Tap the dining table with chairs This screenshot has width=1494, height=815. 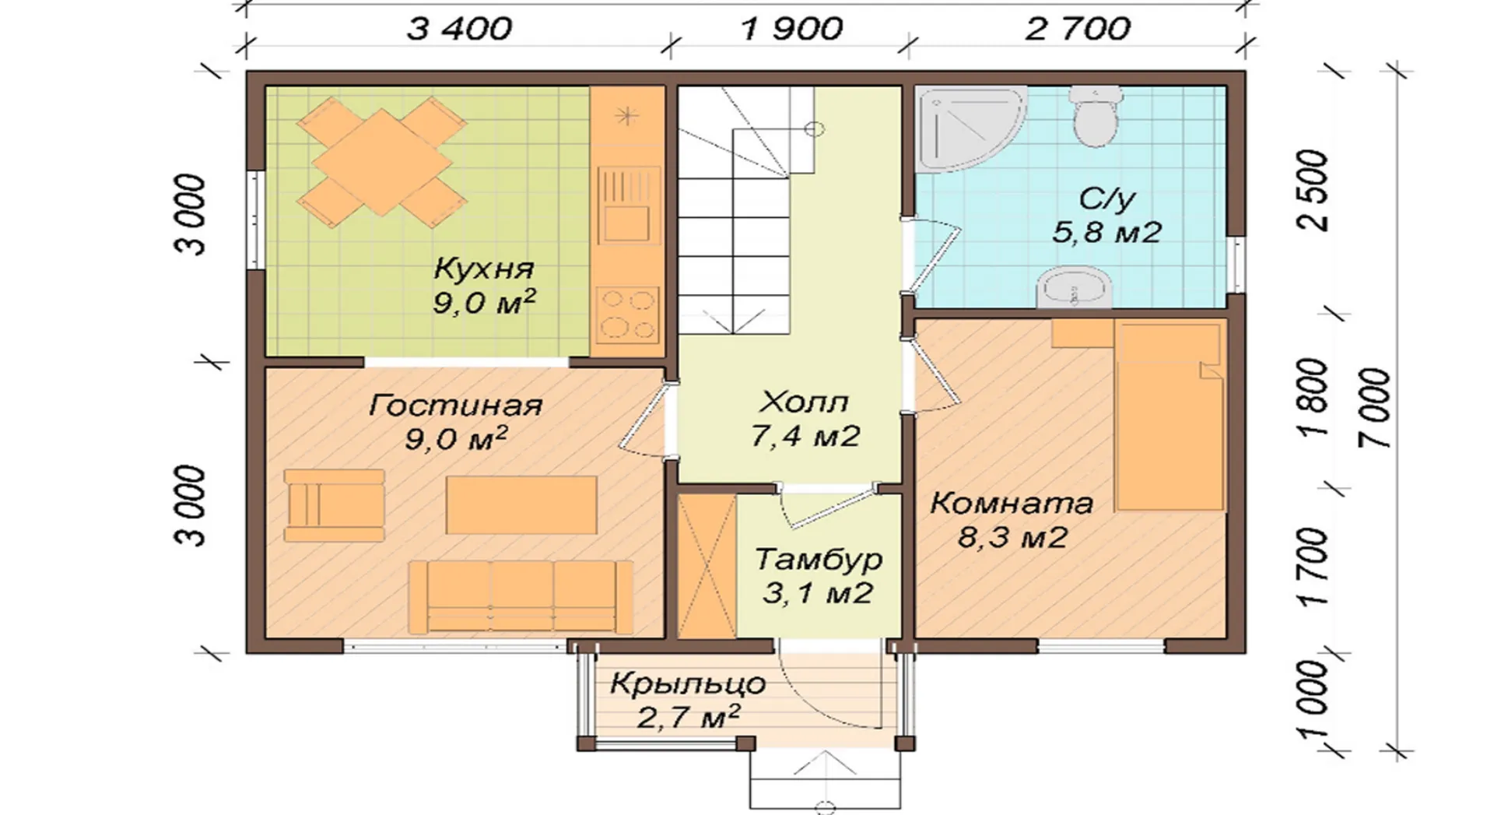pos(382,163)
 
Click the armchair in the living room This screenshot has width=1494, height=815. pos(335,505)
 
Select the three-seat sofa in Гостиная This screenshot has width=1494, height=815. pos(521,597)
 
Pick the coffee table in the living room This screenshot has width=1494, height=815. pos(521,505)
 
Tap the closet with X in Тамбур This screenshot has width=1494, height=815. pos(707,567)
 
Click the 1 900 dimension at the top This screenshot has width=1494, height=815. pos(792,30)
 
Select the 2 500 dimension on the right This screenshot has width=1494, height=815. pos(1313,191)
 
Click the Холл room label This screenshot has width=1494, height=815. pos(804,402)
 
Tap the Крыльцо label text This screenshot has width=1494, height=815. pos(688,685)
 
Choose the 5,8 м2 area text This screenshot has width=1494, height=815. pos(1106,232)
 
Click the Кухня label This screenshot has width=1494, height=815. pos(484,269)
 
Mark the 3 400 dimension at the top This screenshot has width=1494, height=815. pos(459,30)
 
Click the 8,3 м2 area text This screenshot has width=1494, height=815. pos(1012,537)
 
